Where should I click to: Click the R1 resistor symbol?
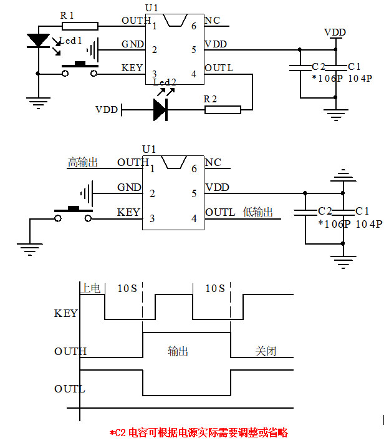(x=80, y=26)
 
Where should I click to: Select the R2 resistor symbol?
(x=223, y=110)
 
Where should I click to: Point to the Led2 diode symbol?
(x=160, y=110)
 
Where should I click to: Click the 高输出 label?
(x=83, y=162)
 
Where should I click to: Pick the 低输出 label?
(x=257, y=212)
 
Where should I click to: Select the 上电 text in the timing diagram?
(x=91, y=288)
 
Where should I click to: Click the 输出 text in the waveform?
(x=178, y=351)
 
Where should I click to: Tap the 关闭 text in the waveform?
(x=266, y=351)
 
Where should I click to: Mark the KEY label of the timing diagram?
(x=66, y=313)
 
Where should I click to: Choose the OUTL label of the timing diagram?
(x=69, y=389)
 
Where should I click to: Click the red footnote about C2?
(x=198, y=432)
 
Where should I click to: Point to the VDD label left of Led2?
(x=107, y=110)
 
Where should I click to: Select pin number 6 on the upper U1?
(x=194, y=26)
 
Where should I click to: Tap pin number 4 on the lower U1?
(x=194, y=218)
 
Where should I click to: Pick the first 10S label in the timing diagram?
(x=128, y=288)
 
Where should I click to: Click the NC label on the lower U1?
(x=213, y=163)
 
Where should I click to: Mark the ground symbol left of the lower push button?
(x=28, y=248)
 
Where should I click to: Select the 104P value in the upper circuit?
(x=360, y=79)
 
